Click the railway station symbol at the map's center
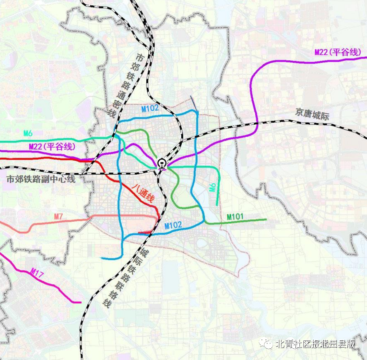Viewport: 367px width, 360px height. [162, 163]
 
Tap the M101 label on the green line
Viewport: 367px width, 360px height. [235, 217]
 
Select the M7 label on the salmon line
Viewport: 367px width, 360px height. [59, 217]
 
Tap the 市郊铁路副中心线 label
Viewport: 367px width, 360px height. [41, 179]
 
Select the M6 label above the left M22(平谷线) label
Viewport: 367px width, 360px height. [28, 133]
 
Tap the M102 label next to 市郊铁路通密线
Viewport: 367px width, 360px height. [150, 108]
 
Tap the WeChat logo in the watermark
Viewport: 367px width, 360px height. [266, 344]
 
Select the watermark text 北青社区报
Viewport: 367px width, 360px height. [296, 344]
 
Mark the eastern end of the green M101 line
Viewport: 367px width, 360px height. [266, 220]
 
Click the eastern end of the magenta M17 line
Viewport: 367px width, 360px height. [81, 302]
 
